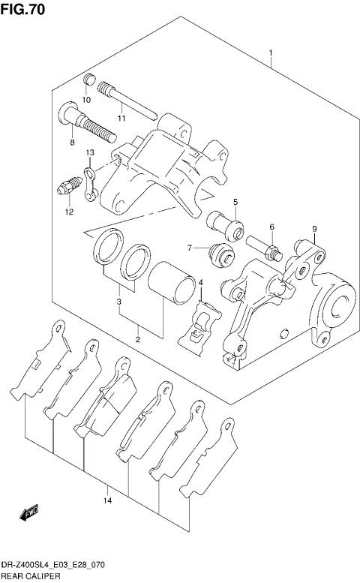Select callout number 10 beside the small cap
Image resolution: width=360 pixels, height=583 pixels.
tap(86, 100)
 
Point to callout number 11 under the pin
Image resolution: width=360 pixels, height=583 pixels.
tap(121, 118)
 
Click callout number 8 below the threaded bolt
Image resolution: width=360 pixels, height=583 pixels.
tap(72, 142)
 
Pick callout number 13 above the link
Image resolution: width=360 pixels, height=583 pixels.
tap(89, 153)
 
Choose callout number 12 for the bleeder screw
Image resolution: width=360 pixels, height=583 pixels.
tap(68, 212)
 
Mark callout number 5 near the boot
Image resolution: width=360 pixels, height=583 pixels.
tap(235, 203)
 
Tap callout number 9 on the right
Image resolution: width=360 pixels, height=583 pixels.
tap(315, 229)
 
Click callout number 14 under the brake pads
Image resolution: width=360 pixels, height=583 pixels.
tap(108, 500)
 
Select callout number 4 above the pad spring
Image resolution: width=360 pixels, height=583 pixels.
tap(200, 282)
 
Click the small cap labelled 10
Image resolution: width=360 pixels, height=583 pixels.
tap(87, 81)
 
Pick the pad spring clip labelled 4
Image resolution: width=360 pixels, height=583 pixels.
tap(202, 323)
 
